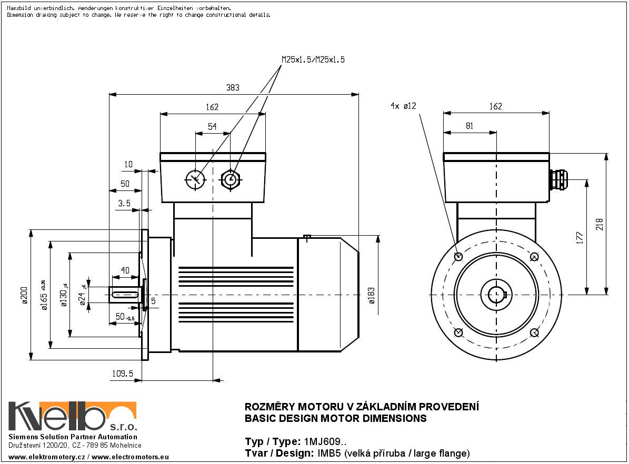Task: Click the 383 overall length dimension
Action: coord(233,88)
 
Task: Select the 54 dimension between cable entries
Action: coord(212,127)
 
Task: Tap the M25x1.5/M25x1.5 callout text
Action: coord(313,60)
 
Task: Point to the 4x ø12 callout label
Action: coord(403,106)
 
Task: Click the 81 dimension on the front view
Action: coord(470,126)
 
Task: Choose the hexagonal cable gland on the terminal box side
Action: coord(230,179)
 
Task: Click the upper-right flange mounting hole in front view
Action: coord(534,257)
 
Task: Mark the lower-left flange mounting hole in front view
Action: coord(458,332)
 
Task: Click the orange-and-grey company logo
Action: coord(73,417)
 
